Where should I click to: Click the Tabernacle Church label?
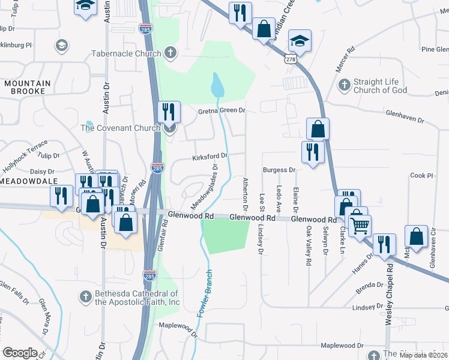coord(126,53)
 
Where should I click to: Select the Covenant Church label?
coord(121,128)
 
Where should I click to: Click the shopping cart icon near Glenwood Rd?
coord(360,226)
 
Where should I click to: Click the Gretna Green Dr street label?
coord(221,111)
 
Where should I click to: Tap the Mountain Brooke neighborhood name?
coord(25,87)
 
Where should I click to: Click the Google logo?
coord(20,353)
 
